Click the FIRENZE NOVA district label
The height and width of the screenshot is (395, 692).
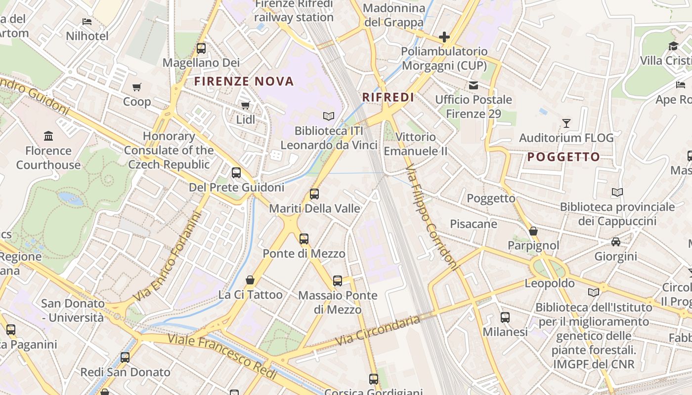(244, 81)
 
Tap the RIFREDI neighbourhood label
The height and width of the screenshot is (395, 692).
(388, 97)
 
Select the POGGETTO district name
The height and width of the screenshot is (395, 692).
(563, 157)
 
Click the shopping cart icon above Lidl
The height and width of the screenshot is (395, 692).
(245, 105)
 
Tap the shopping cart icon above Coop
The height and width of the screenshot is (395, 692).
(137, 87)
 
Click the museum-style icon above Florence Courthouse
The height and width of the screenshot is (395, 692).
(48, 136)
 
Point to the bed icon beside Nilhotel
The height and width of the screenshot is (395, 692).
(87, 22)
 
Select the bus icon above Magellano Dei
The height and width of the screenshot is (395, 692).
(201, 48)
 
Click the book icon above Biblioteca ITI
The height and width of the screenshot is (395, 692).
(329, 116)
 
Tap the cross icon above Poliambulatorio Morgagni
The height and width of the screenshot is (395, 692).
(444, 37)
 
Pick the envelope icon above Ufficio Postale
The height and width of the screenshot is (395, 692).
(474, 85)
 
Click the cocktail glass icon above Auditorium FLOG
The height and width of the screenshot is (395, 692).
(566, 123)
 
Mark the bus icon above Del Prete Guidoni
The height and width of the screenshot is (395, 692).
(236, 173)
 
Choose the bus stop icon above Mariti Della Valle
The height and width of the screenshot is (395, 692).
(314, 194)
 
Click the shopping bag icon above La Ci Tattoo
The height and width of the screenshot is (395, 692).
(251, 280)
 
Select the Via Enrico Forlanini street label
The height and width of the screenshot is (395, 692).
(168, 257)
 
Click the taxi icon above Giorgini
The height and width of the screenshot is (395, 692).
(615, 242)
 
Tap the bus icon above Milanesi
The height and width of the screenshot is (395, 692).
(505, 317)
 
